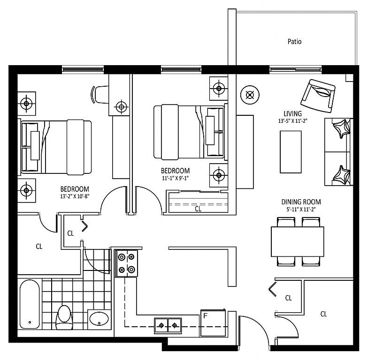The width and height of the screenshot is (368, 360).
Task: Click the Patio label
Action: [294, 42]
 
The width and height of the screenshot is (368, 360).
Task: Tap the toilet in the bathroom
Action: [64, 317]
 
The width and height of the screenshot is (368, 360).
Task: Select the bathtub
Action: [30, 304]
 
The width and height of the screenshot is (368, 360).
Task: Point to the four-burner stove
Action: [126, 263]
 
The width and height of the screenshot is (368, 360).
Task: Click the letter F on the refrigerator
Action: [205, 316]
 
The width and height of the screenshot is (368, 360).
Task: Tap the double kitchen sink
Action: [168, 325]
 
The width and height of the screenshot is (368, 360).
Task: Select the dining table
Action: [298, 242]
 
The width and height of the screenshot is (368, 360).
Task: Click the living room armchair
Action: [318, 96]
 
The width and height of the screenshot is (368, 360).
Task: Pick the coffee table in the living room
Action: [291, 152]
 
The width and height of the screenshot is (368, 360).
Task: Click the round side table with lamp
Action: [250, 95]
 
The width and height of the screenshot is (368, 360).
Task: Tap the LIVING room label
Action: [293, 113]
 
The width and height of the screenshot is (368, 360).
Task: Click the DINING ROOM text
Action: [301, 202]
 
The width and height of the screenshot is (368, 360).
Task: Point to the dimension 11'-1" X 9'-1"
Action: [176, 178]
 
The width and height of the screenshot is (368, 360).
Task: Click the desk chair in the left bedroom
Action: [100, 94]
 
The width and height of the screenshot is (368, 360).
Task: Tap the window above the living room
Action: [295, 69]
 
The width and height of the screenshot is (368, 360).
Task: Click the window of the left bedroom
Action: [83, 69]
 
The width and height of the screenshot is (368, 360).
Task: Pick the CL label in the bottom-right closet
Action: [324, 314]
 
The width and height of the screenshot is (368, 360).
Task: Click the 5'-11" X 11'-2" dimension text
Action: [301, 209]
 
